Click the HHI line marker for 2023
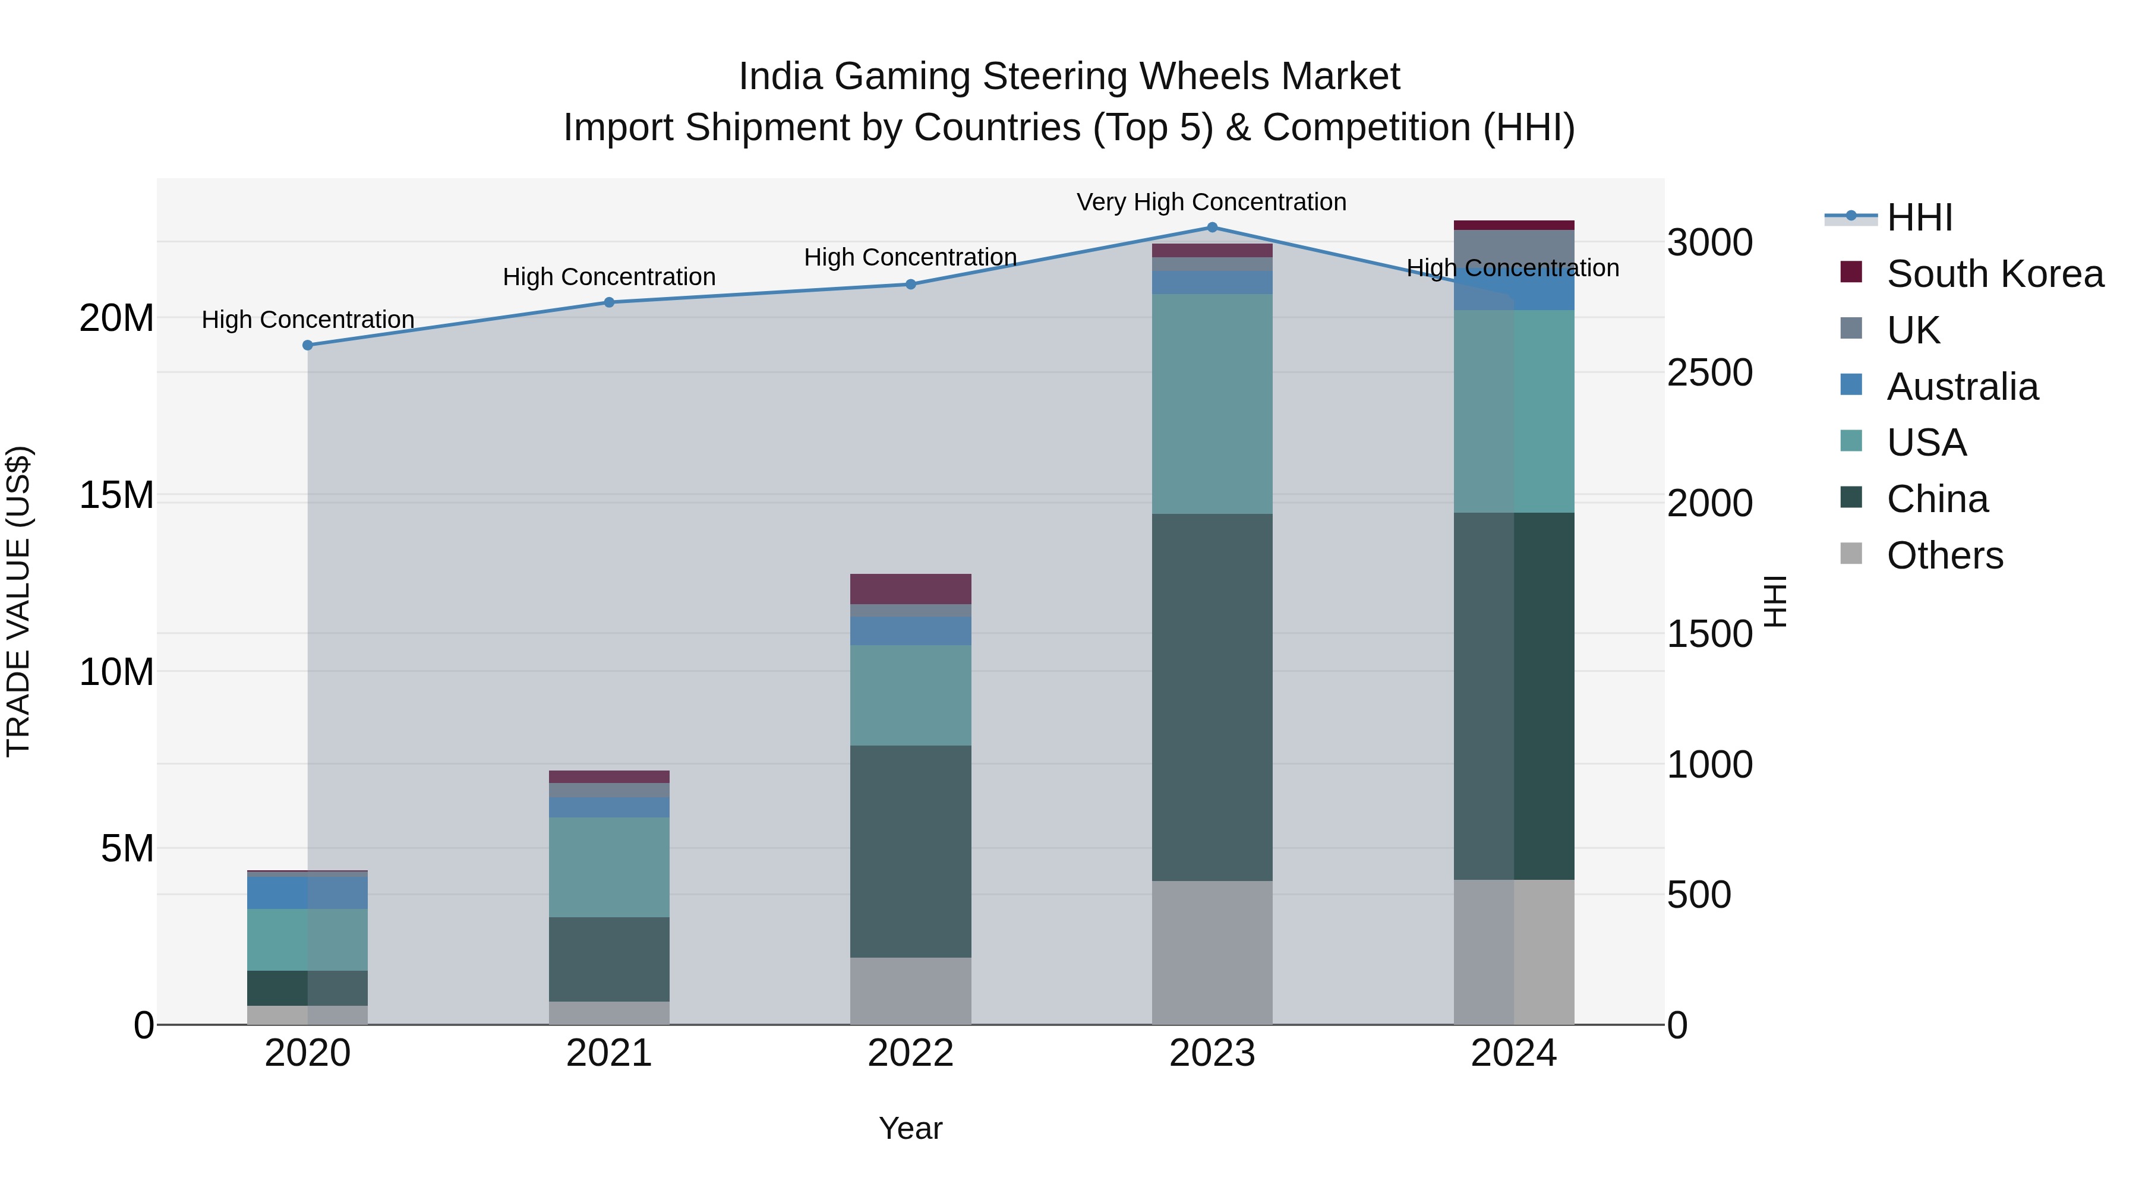[1212, 227]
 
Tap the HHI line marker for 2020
[307, 345]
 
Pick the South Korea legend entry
[1995, 274]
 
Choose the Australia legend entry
[1962, 387]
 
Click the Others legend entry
[1944, 555]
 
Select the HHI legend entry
[1919, 217]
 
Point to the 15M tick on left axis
[116, 495]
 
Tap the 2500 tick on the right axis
[1709, 372]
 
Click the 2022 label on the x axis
[910, 1053]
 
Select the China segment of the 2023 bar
[1212, 697]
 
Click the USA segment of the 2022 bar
[910, 695]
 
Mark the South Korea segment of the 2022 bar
[910, 589]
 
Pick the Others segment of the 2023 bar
[1212, 952]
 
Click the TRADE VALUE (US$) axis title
[18, 601]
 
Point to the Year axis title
[910, 1128]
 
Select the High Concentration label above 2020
[307, 320]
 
